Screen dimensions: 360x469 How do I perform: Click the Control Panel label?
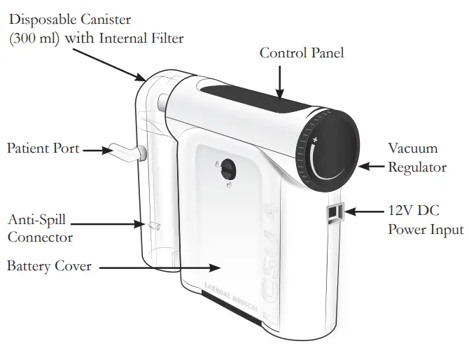point(302,53)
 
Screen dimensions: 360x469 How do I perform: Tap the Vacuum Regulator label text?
point(417,158)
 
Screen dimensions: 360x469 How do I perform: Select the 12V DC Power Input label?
point(426,219)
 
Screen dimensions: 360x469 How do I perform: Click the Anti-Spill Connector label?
point(39,228)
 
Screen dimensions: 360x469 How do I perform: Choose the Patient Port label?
point(43,148)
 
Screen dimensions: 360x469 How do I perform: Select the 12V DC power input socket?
point(335,213)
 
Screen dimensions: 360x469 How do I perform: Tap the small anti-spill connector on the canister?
point(155,225)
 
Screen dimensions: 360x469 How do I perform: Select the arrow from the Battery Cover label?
point(161,267)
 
